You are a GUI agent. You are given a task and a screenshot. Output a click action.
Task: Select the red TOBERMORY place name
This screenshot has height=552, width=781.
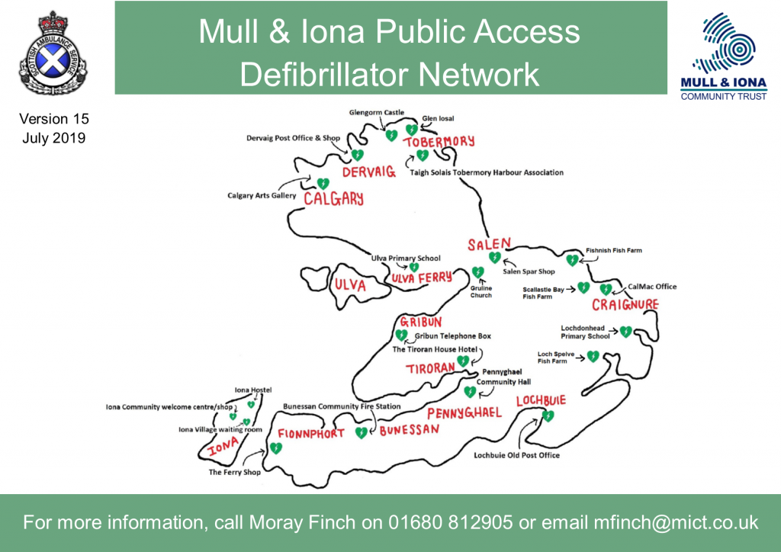tap(439, 142)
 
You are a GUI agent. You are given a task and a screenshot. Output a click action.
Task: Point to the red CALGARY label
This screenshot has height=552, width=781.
tap(333, 198)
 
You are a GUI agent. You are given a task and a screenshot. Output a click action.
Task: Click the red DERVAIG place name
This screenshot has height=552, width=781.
tap(369, 172)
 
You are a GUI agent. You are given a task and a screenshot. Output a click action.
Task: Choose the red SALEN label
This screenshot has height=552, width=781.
tap(489, 244)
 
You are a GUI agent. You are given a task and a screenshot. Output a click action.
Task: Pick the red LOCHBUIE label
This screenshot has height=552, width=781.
tap(541, 401)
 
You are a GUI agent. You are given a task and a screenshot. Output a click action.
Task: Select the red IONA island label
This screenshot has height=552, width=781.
tap(224, 448)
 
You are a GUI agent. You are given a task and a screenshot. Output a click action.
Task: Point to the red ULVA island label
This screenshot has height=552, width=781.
tap(351, 286)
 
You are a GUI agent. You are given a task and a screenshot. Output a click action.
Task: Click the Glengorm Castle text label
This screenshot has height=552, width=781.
tap(376, 112)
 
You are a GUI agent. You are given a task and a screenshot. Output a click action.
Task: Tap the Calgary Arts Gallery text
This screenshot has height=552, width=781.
tap(261, 196)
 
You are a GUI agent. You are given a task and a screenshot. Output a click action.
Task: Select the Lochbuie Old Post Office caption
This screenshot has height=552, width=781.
tap(516, 455)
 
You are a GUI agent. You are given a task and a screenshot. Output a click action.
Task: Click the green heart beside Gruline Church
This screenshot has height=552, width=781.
tap(478, 271)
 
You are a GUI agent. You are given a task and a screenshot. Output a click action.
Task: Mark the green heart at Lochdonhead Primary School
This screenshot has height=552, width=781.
tap(625, 331)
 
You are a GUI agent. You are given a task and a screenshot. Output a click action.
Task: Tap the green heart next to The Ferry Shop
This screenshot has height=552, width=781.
tap(275, 448)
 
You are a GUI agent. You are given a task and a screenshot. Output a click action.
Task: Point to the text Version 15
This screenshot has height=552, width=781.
tap(54, 119)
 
